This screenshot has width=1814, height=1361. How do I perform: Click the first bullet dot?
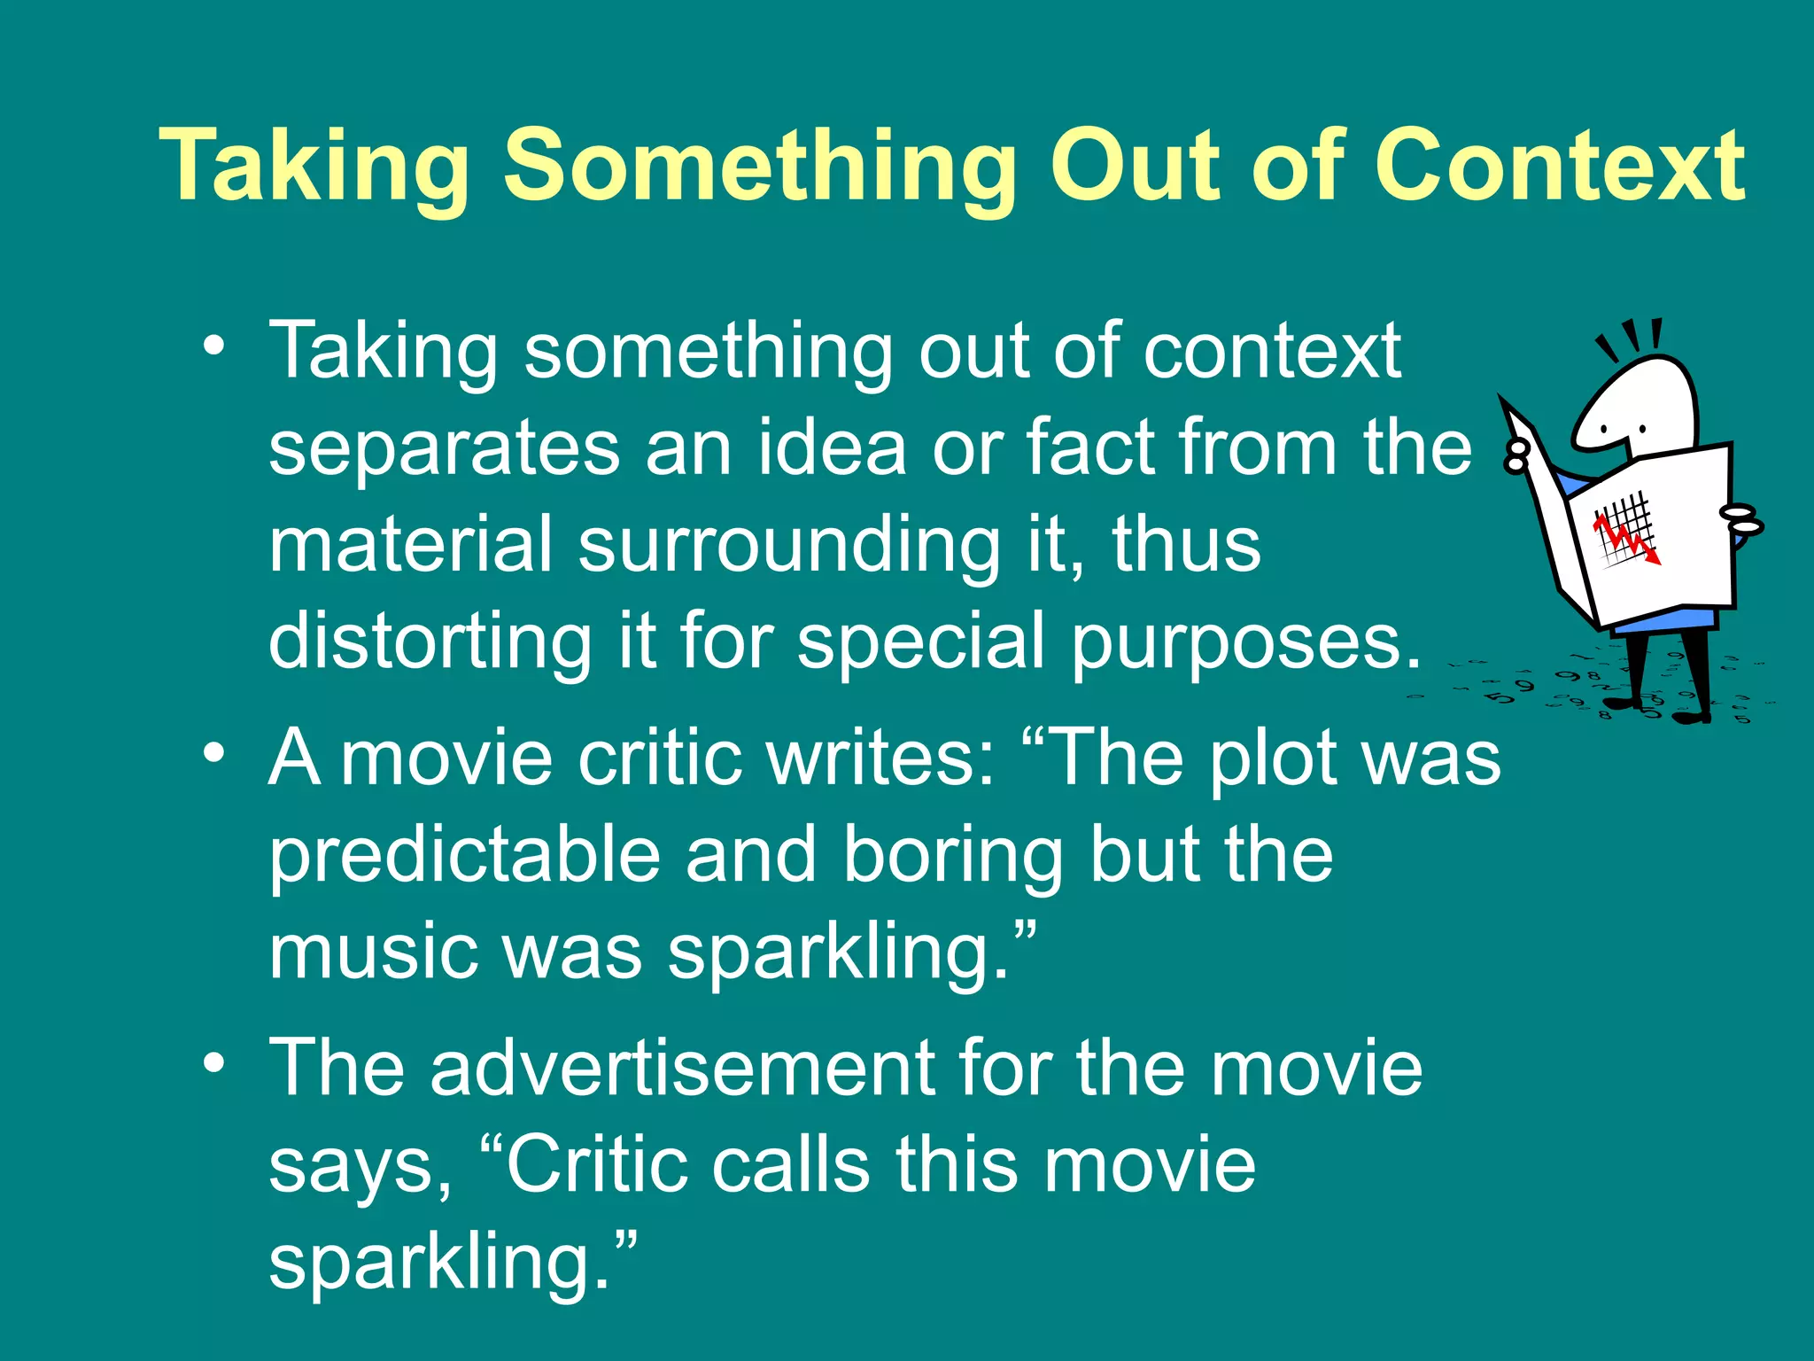(x=213, y=346)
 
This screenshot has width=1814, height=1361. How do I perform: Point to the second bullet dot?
(x=213, y=754)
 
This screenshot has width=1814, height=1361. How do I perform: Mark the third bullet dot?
(x=213, y=1063)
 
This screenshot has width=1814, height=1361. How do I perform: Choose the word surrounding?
(x=788, y=548)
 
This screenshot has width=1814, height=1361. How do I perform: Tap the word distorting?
(x=430, y=642)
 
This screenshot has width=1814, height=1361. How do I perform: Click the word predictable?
(x=465, y=854)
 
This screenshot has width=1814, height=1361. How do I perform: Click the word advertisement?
(x=682, y=1068)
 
